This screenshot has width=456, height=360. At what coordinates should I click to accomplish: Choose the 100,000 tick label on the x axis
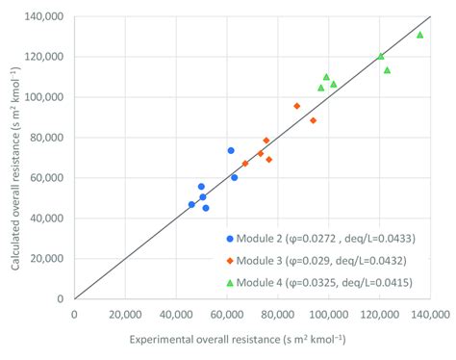328,313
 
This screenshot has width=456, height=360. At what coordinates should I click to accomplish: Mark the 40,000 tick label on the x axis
176,313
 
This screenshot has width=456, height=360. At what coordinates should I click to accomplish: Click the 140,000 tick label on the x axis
430,313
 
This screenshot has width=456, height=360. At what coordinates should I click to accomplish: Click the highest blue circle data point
231,150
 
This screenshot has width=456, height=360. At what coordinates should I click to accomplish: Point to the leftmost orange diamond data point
244,164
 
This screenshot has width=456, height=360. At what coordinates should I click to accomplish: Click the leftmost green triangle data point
321,88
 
